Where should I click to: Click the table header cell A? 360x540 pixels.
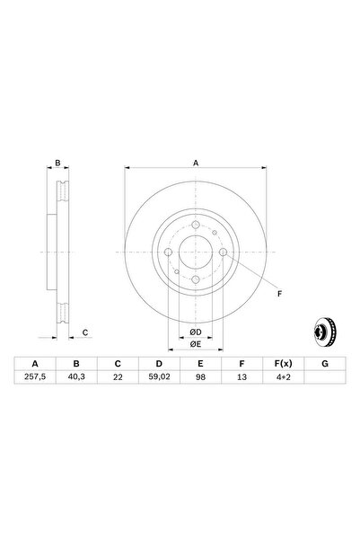(x=35, y=363)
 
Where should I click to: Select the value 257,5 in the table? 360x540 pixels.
(x=35, y=379)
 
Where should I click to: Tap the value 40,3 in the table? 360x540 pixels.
(x=76, y=379)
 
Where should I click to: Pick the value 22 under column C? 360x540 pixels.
(x=117, y=379)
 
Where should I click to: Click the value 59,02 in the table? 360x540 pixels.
(x=158, y=379)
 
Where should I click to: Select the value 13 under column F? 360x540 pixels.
(x=240, y=379)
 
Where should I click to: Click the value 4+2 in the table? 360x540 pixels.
(x=280, y=379)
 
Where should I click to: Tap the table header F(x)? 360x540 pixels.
(x=280, y=363)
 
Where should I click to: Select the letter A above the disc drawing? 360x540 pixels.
(x=196, y=164)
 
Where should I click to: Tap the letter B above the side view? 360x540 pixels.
(x=58, y=164)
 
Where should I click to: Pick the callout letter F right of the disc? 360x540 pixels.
(x=277, y=295)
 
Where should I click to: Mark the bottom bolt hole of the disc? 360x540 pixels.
(x=196, y=281)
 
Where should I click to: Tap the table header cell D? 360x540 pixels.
(x=158, y=363)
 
